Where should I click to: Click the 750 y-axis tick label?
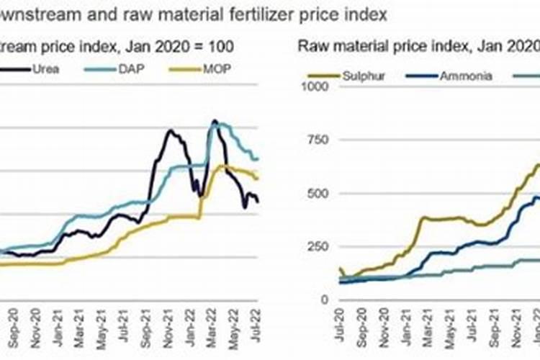click(x=319, y=140)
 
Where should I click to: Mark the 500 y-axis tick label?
click(x=319, y=193)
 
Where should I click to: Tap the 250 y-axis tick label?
click(x=319, y=246)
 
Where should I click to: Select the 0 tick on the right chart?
click(x=325, y=300)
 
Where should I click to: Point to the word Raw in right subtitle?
click(x=311, y=48)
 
